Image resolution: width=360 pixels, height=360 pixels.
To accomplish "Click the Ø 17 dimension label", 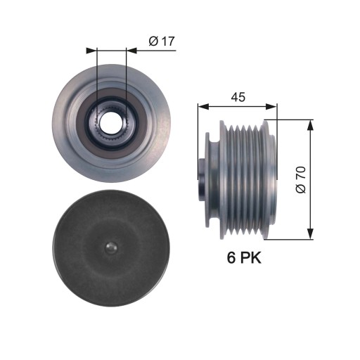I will [x=162, y=41].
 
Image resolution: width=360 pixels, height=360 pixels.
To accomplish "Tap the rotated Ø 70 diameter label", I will [x=302, y=180].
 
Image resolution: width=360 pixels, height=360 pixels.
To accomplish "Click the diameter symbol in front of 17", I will [x=153, y=41].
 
